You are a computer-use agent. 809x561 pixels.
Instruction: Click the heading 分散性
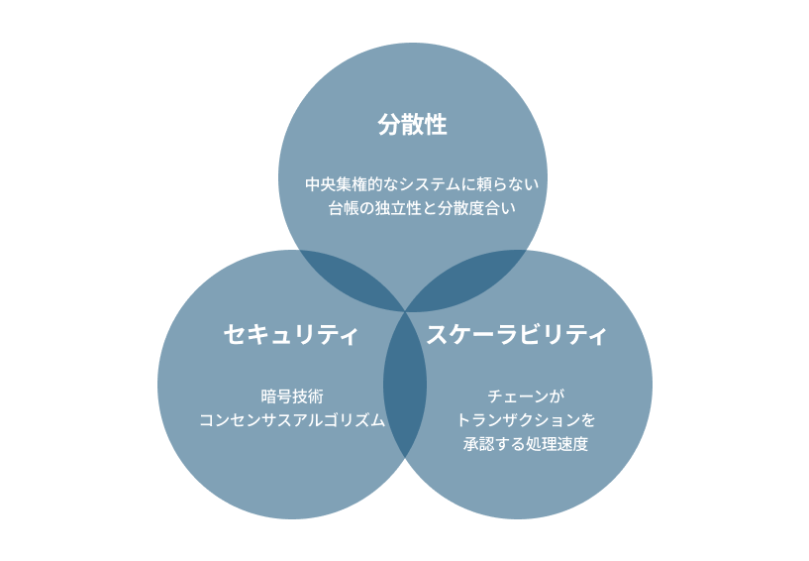tap(412, 125)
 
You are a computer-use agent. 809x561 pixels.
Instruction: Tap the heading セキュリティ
tap(291, 334)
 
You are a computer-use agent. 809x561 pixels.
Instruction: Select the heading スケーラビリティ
tap(517, 334)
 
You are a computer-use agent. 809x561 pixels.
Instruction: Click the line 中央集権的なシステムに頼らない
tap(422, 184)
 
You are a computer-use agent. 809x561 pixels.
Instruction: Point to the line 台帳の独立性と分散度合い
tap(422, 208)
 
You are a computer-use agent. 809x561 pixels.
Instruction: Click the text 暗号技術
tap(292, 396)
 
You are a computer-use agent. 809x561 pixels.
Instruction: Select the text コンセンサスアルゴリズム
tap(292, 420)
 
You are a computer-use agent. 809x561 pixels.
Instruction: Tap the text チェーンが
tap(526, 396)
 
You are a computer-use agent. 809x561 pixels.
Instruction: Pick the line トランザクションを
tap(526, 420)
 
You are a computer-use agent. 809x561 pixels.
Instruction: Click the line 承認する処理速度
tap(526, 444)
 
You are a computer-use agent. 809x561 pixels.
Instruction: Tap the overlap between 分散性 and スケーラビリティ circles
tap(469, 278)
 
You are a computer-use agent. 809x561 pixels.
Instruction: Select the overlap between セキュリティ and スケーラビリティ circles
tap(405, 385)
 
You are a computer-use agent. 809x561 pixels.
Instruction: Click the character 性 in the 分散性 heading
tap(436, 125)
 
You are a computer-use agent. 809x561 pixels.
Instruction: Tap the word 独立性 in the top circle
tap(398, 208)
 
